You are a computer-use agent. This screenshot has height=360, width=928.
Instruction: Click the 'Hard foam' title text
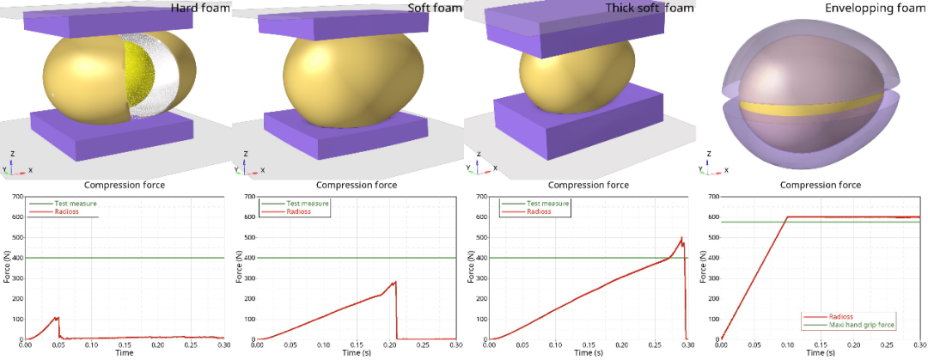[200, 9]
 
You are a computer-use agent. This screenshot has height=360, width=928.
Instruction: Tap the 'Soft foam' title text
[435, 9]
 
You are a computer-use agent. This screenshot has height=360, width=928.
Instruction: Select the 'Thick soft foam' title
[650, 9]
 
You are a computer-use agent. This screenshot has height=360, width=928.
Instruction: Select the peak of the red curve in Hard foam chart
[58, 318]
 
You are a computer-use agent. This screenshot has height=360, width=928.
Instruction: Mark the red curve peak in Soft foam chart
[395, 282]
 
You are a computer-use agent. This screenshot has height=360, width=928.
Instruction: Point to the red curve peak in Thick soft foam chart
[681, 238]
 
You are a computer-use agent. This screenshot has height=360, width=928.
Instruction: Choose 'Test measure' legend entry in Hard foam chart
[62, 204]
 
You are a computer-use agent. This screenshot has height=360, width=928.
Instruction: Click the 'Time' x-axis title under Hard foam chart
[125, 353]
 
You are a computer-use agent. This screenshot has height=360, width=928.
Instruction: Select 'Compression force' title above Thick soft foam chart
[589, 186]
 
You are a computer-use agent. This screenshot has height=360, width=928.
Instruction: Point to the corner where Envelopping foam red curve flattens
[788, 217]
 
